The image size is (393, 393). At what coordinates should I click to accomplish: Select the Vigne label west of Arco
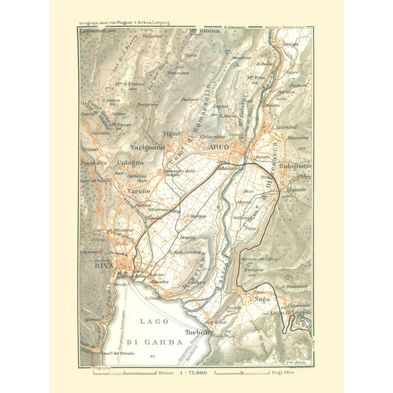[172, 133]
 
